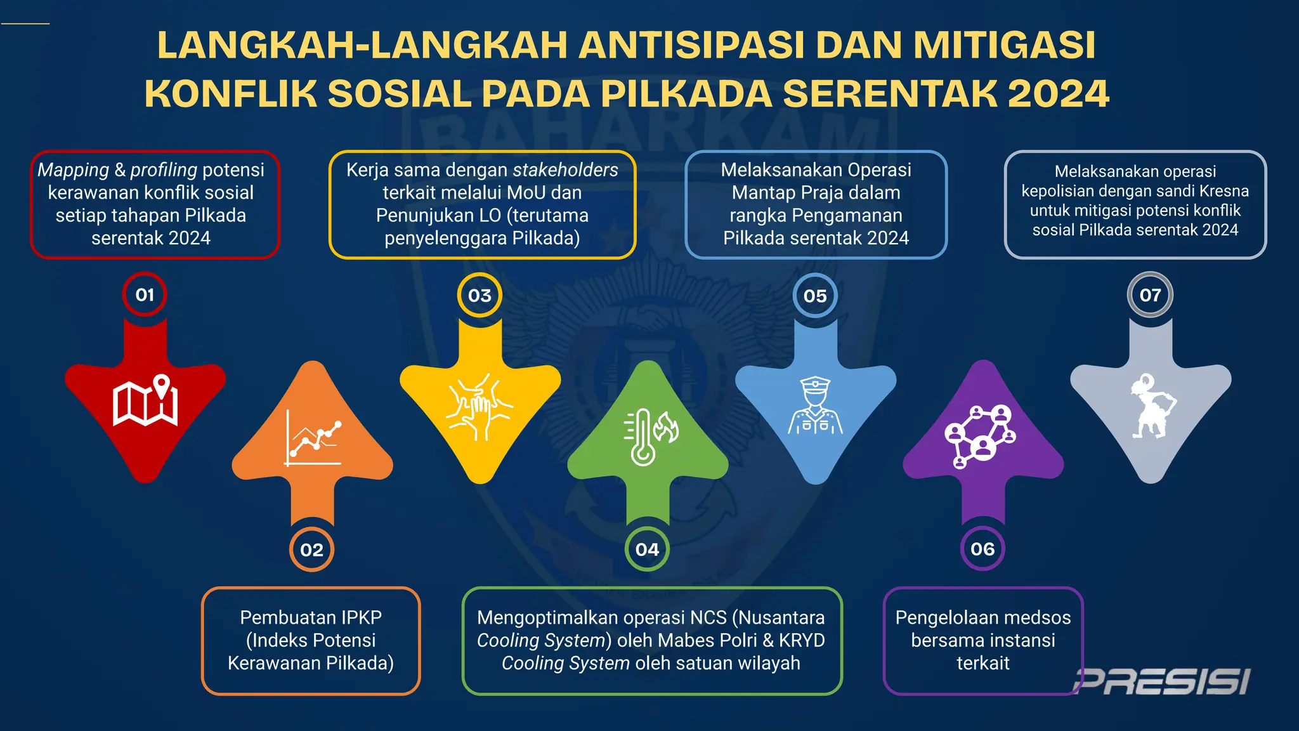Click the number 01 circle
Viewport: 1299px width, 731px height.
(145, 294)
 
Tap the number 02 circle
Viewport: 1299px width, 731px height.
(311, 550)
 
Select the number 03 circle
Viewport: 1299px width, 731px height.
(480, 295)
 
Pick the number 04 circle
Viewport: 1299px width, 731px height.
(647, 550)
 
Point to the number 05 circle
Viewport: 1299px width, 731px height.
(815, 296)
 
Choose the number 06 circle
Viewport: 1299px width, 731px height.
(982, 549)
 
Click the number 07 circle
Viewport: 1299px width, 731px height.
(1150, 294)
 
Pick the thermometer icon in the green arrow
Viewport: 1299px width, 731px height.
(649, 437)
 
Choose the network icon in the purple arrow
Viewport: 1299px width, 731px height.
(980, 437)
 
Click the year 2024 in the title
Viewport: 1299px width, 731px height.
(1058, 94)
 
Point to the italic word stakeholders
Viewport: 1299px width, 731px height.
(565, 170)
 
